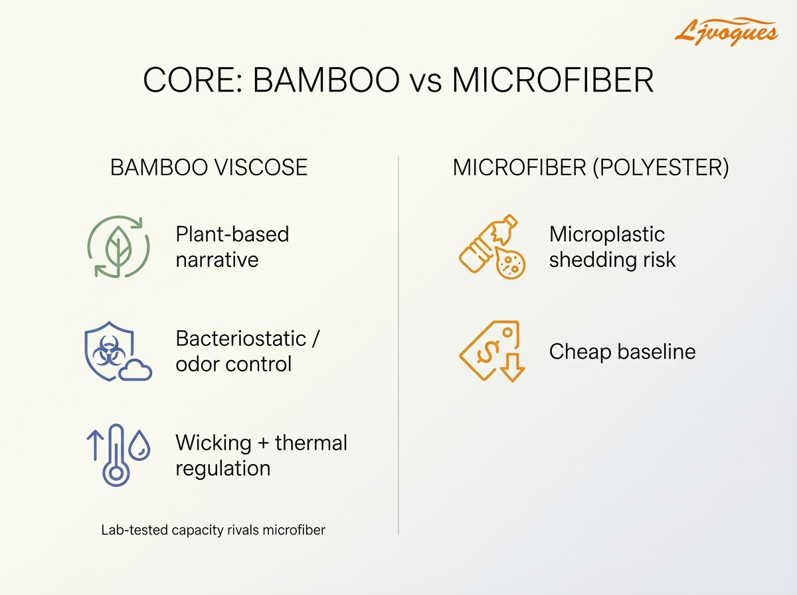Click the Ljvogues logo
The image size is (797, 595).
tap(725, 30)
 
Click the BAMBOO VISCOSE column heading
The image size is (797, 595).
tap(209, 167)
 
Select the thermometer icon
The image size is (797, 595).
tap(116, 456)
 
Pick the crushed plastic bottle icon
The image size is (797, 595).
tap(484, 246)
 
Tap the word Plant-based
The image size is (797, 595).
tap(232, 234)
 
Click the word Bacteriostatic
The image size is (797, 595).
tap(242, 338)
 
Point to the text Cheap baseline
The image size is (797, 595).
tap(622, 351)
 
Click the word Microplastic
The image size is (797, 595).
tap(606, 234)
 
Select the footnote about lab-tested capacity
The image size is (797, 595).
tap(213, 530)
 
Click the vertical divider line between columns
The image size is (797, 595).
tap(398, 345)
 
